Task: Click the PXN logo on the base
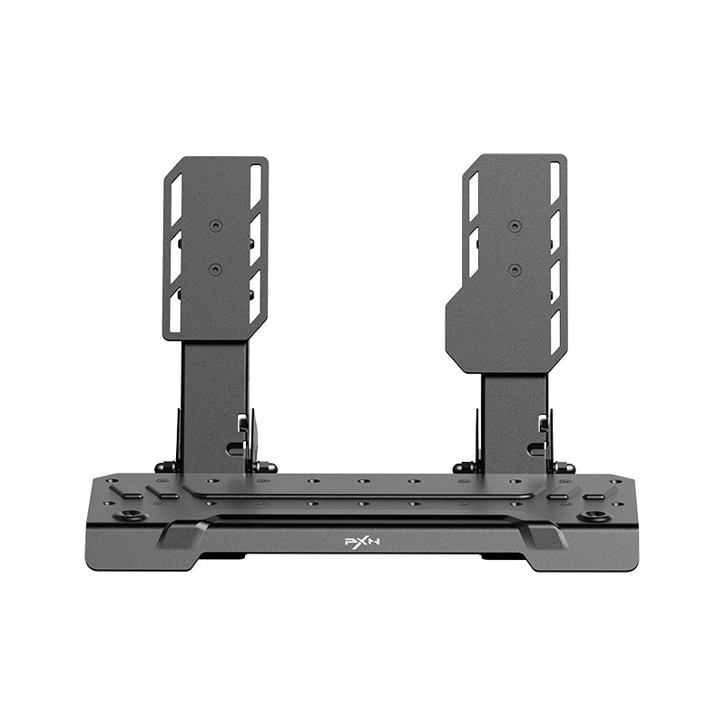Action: coord(360,541)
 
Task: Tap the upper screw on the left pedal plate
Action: coord(215,225)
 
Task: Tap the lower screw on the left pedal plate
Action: coord(215,269)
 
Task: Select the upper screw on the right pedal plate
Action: coord(515,225)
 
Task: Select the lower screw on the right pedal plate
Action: coord(515,270)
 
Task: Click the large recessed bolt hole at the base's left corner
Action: coord(132,515)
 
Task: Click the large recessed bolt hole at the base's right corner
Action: coord(594,516)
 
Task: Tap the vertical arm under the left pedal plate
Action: coord(213,399)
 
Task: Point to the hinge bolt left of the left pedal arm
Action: coord(165,467)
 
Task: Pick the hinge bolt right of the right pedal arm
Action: coord(564,467)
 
